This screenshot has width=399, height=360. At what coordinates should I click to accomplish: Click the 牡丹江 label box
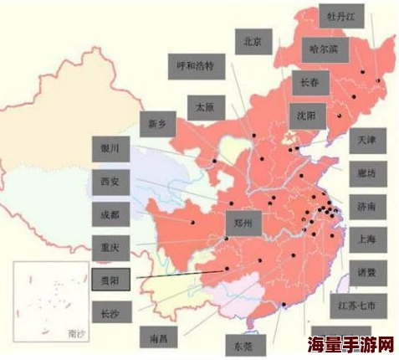click(341, 15)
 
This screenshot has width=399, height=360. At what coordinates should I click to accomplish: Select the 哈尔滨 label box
click(323, 49)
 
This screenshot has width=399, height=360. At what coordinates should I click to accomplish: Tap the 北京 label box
click(253, 40)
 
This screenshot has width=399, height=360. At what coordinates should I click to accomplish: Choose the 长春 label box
click(310, 82)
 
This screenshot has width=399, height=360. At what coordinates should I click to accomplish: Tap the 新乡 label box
click(157, 124)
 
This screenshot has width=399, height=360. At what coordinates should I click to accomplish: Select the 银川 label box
click(110, 149)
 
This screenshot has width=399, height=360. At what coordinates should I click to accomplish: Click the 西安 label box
click(110, 181)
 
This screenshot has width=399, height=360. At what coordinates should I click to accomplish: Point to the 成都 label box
click(110, 213)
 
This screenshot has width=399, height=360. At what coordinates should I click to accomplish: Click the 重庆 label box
click(110, 248)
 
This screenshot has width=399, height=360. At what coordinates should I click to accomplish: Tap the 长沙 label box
click(110, 314)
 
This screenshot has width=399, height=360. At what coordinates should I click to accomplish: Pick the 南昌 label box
click(158, 337)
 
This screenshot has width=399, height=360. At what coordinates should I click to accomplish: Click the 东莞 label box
click(243, 344)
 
